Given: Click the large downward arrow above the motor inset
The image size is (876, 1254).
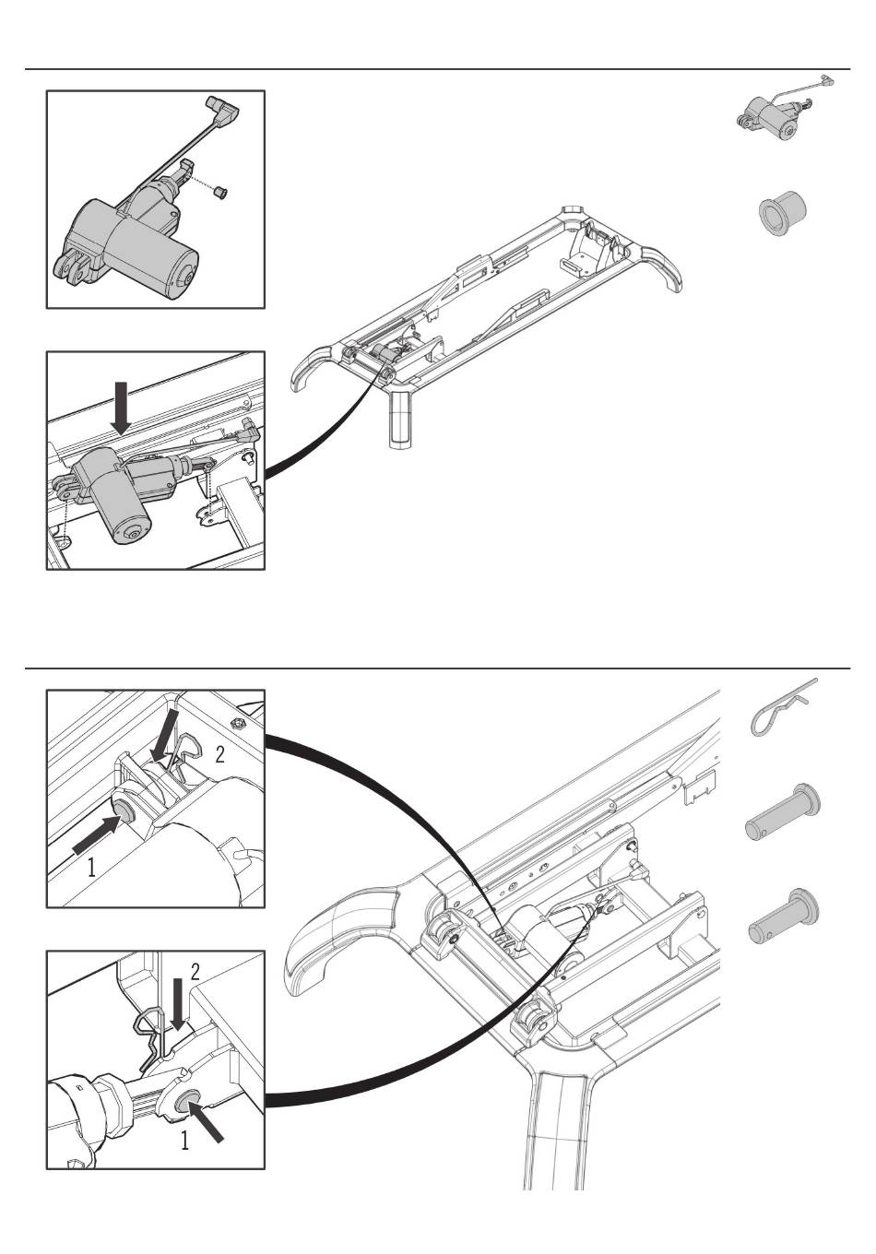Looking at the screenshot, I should pos(120,408).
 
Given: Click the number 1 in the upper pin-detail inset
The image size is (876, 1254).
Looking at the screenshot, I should pos(91,867).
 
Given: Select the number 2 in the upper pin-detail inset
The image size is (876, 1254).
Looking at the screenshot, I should pos(219,755).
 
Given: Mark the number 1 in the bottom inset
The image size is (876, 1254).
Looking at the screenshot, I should pos(185,1142).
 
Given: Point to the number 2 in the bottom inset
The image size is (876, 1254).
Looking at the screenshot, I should pos(195,972).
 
